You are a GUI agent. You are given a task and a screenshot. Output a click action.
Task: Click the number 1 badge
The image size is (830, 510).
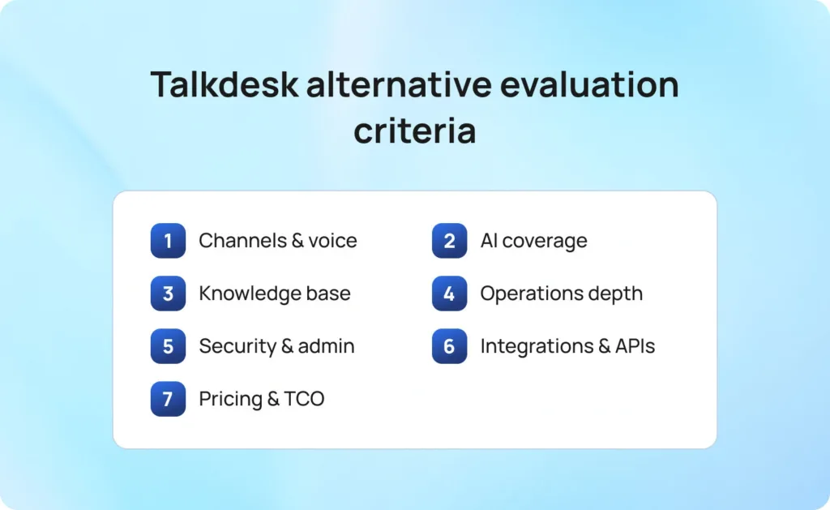click(x=168, y=241)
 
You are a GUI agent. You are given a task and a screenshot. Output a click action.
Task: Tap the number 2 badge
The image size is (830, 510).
click(x=449, y=241)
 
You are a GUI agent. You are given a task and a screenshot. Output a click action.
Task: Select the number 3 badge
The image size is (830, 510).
click(x=168, y=294)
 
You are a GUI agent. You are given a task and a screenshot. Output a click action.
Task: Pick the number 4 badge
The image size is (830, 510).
click(x=449, y=294)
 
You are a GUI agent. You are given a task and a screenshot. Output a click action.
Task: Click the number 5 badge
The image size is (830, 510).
click(x=168, y=346)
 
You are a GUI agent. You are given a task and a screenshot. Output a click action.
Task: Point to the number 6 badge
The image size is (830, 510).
click(x=449, y=346)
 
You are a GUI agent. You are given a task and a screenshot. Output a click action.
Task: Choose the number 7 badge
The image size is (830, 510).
click(x=168, y=399)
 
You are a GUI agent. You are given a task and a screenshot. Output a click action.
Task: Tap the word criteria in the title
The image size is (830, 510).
click(x=414, y=131)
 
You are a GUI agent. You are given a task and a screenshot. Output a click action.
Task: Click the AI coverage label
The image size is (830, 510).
click(x=533, y=241)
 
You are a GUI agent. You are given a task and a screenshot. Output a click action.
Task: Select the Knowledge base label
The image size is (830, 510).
click(x=275, y=294)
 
